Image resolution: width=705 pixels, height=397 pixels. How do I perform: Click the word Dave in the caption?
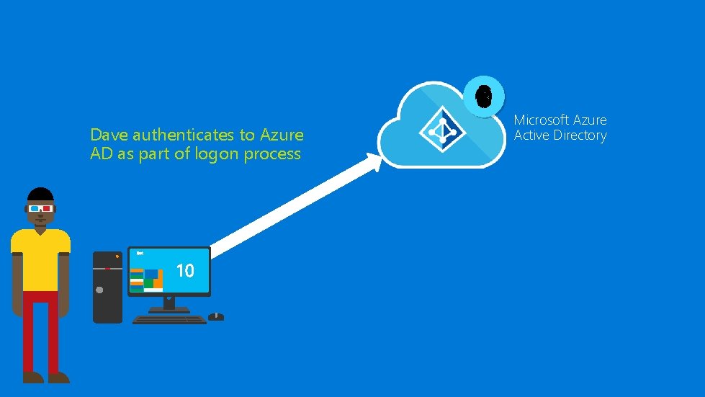[109, 135]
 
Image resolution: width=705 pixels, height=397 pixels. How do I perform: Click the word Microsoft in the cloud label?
[541, 120]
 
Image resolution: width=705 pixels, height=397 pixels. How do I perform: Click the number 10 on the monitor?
[185, 270]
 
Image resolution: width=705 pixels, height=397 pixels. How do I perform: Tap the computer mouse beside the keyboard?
[216, 316]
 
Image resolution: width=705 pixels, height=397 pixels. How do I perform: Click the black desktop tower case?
[108, 287]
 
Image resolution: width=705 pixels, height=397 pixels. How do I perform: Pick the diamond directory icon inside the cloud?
[441, 130]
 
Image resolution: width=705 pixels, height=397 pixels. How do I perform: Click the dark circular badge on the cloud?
[485, 95]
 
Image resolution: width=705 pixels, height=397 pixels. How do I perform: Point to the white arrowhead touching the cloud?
[374, 163]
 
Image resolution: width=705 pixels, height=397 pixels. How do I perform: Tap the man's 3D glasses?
[40, 209]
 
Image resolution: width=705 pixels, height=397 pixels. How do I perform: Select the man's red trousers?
[41, 328]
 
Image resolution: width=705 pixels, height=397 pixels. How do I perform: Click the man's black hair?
[40, 195]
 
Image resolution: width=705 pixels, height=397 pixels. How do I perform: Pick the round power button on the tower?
[100, 290]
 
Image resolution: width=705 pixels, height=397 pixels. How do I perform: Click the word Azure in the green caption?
[282, 135]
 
